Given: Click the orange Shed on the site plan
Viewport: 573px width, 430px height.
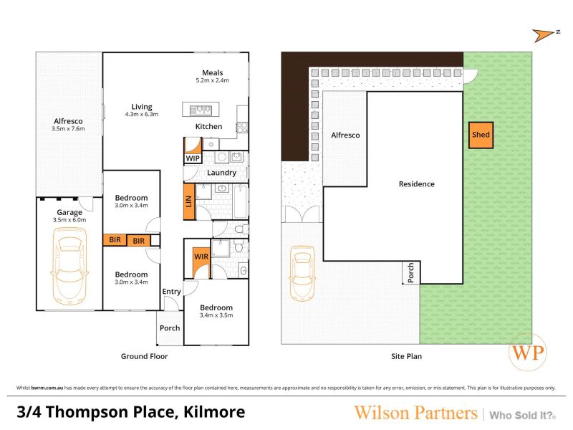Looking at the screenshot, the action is pyautogui.click(x=481, y=135).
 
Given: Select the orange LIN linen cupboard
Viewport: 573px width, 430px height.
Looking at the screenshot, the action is pyautogui.click(x=188, y=201).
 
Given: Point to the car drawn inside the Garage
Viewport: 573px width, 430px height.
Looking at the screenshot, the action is pyautogui.click(x=69, y=266).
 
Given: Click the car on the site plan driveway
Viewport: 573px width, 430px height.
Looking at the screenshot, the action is pyautogui.click(x=302, y=274).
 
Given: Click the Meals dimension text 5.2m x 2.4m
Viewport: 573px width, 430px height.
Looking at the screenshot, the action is pyautogui.click(x=212, y=80).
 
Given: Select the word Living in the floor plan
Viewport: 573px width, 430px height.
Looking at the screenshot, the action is pyautogui.click(x=142, y=107).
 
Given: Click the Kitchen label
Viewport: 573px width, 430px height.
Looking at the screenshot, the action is pyautogui.click(x=208, y=127).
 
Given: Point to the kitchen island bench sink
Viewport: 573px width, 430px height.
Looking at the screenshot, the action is pyautogui.click(x=201, y=110).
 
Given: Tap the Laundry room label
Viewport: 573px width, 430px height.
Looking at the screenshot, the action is pyautogui.click(x=221, y=173).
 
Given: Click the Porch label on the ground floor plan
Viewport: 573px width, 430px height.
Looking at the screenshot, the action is pyautogui.click(x=170, y=328).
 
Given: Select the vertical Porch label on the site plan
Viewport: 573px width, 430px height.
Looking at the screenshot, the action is pyautogui.click(x=410, y=272).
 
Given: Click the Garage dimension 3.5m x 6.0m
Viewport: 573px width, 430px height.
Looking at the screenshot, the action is pyautogui.click(x=69, y=220).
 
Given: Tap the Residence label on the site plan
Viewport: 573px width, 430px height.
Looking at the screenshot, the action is pyautogui.click(x=417, y=184).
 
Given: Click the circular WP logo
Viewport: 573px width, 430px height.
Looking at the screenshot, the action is pyautogui.click(x=528, y=352).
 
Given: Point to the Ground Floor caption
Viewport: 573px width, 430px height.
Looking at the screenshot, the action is pyautogui.click(x=145, y=356).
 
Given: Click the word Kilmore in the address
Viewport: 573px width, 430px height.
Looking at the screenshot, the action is pyautogui.click(x=214, y=412).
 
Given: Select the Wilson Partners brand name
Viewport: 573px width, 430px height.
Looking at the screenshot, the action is pyautogui.click(x=416, y=413).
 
